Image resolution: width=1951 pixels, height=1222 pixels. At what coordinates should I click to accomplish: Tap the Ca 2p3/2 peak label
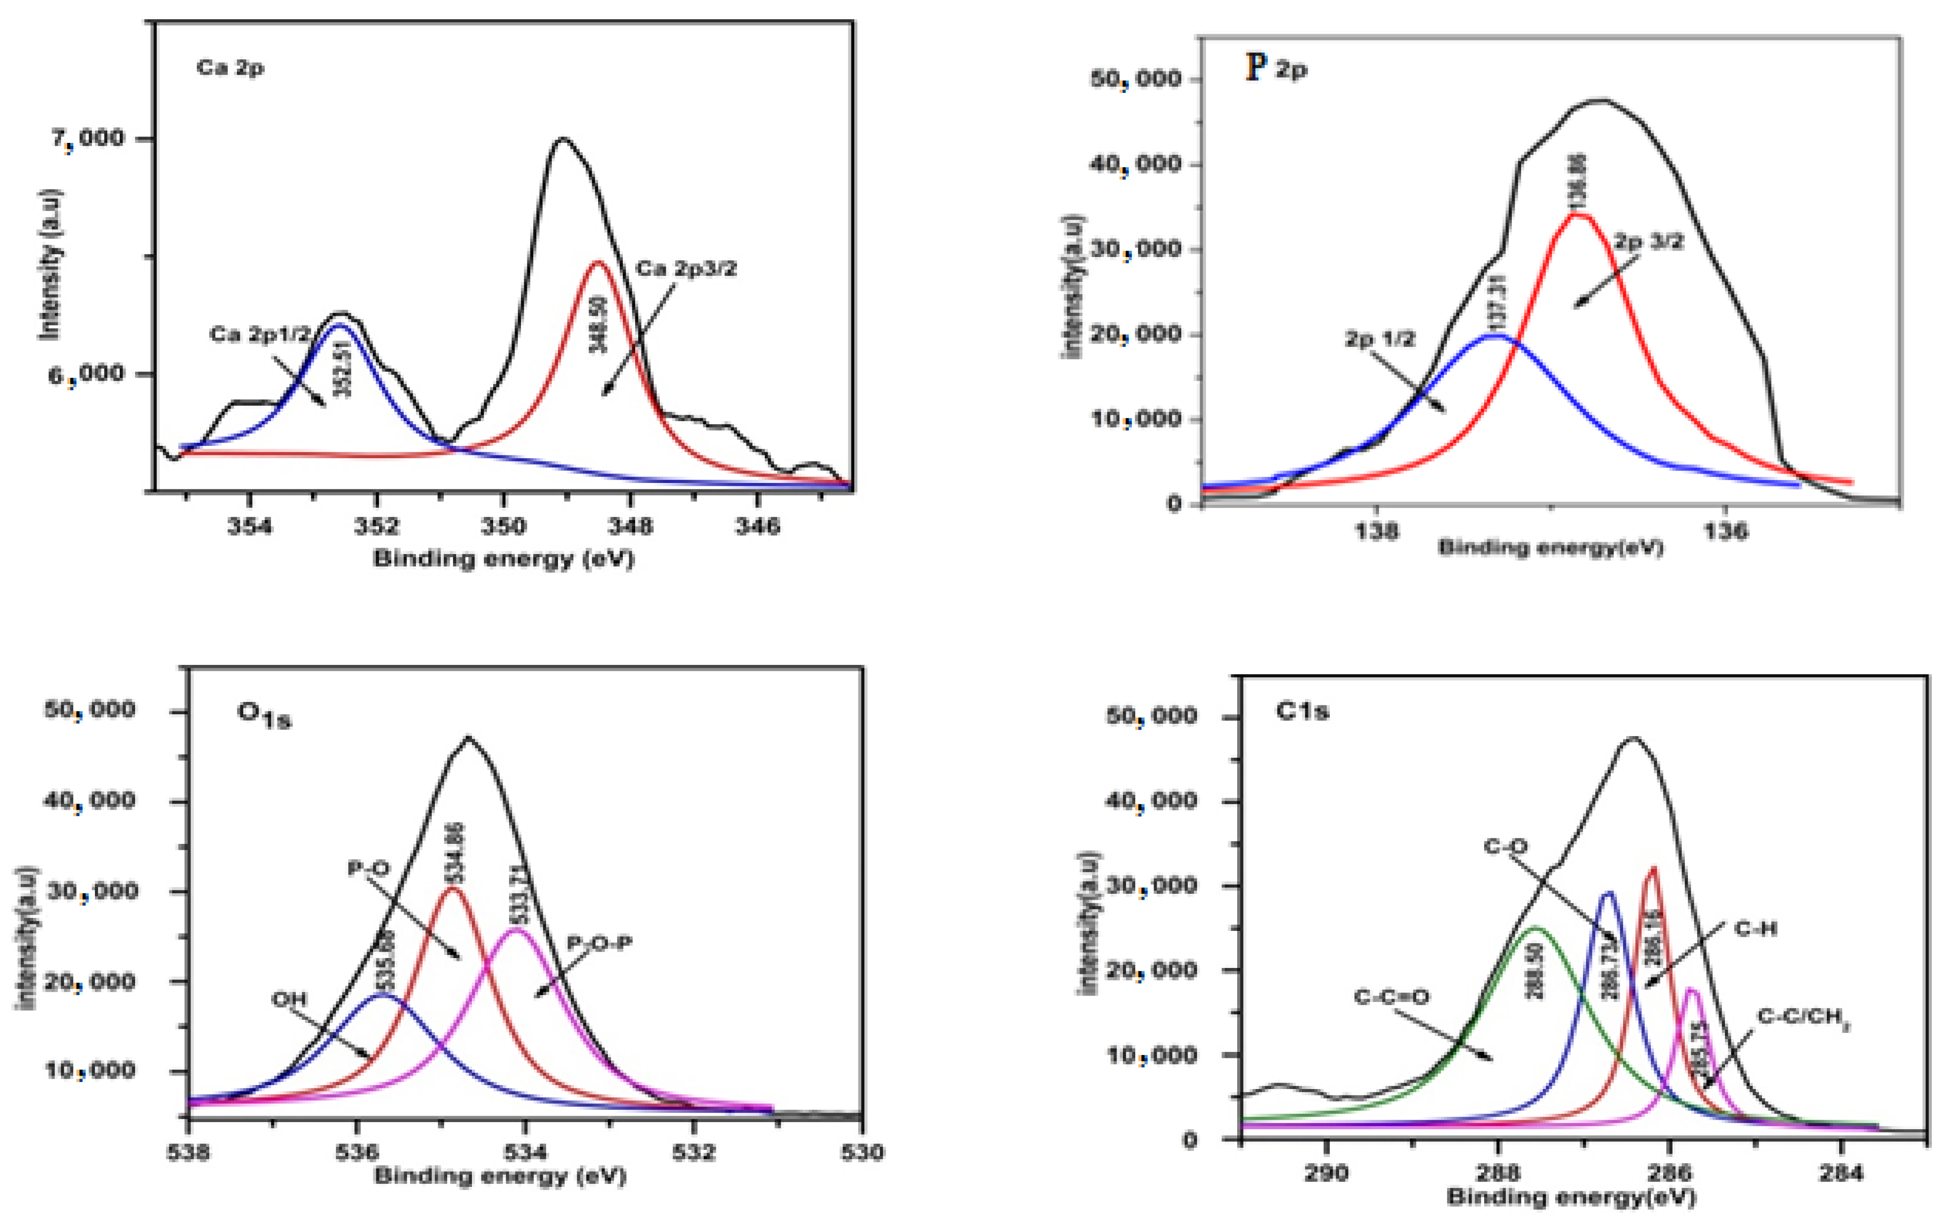[687, 269]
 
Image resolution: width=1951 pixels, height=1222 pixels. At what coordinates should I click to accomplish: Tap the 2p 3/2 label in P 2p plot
[1649, 241]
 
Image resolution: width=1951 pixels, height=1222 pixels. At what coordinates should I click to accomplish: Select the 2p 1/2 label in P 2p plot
[1380, 339]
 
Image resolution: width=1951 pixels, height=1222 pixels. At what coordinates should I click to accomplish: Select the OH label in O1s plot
[289, 1000]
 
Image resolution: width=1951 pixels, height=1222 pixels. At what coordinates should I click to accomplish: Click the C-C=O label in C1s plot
[1392, 997]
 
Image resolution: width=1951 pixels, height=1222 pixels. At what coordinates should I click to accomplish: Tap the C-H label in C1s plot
[1755, 929]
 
